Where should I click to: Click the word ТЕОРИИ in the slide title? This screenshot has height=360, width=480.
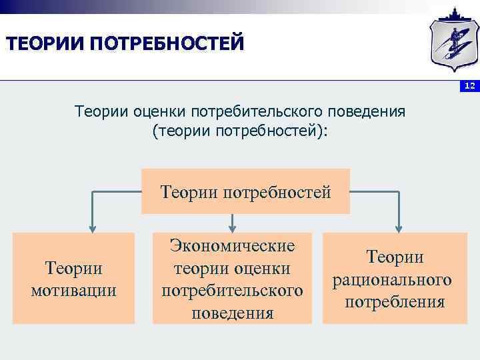(43, 45)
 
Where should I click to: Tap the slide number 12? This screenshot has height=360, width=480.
(469, 87)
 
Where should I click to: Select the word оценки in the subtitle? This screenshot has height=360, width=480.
(158, 111)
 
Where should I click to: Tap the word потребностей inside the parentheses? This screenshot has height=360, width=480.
(267, 130)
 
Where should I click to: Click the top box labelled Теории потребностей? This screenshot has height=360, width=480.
(245, 192)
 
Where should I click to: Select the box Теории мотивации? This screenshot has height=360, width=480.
(73, 278)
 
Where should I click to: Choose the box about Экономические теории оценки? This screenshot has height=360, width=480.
(232, 278)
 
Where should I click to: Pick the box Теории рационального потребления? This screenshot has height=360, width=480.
(395, 278)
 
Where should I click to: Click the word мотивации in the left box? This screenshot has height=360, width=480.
(73, 291)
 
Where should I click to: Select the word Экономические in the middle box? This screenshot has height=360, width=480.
(232, 245)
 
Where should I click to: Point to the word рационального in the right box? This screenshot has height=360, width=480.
(395, 279)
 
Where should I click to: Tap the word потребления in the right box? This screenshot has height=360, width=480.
(395, 302)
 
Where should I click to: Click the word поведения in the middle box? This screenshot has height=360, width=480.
(232, 313)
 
